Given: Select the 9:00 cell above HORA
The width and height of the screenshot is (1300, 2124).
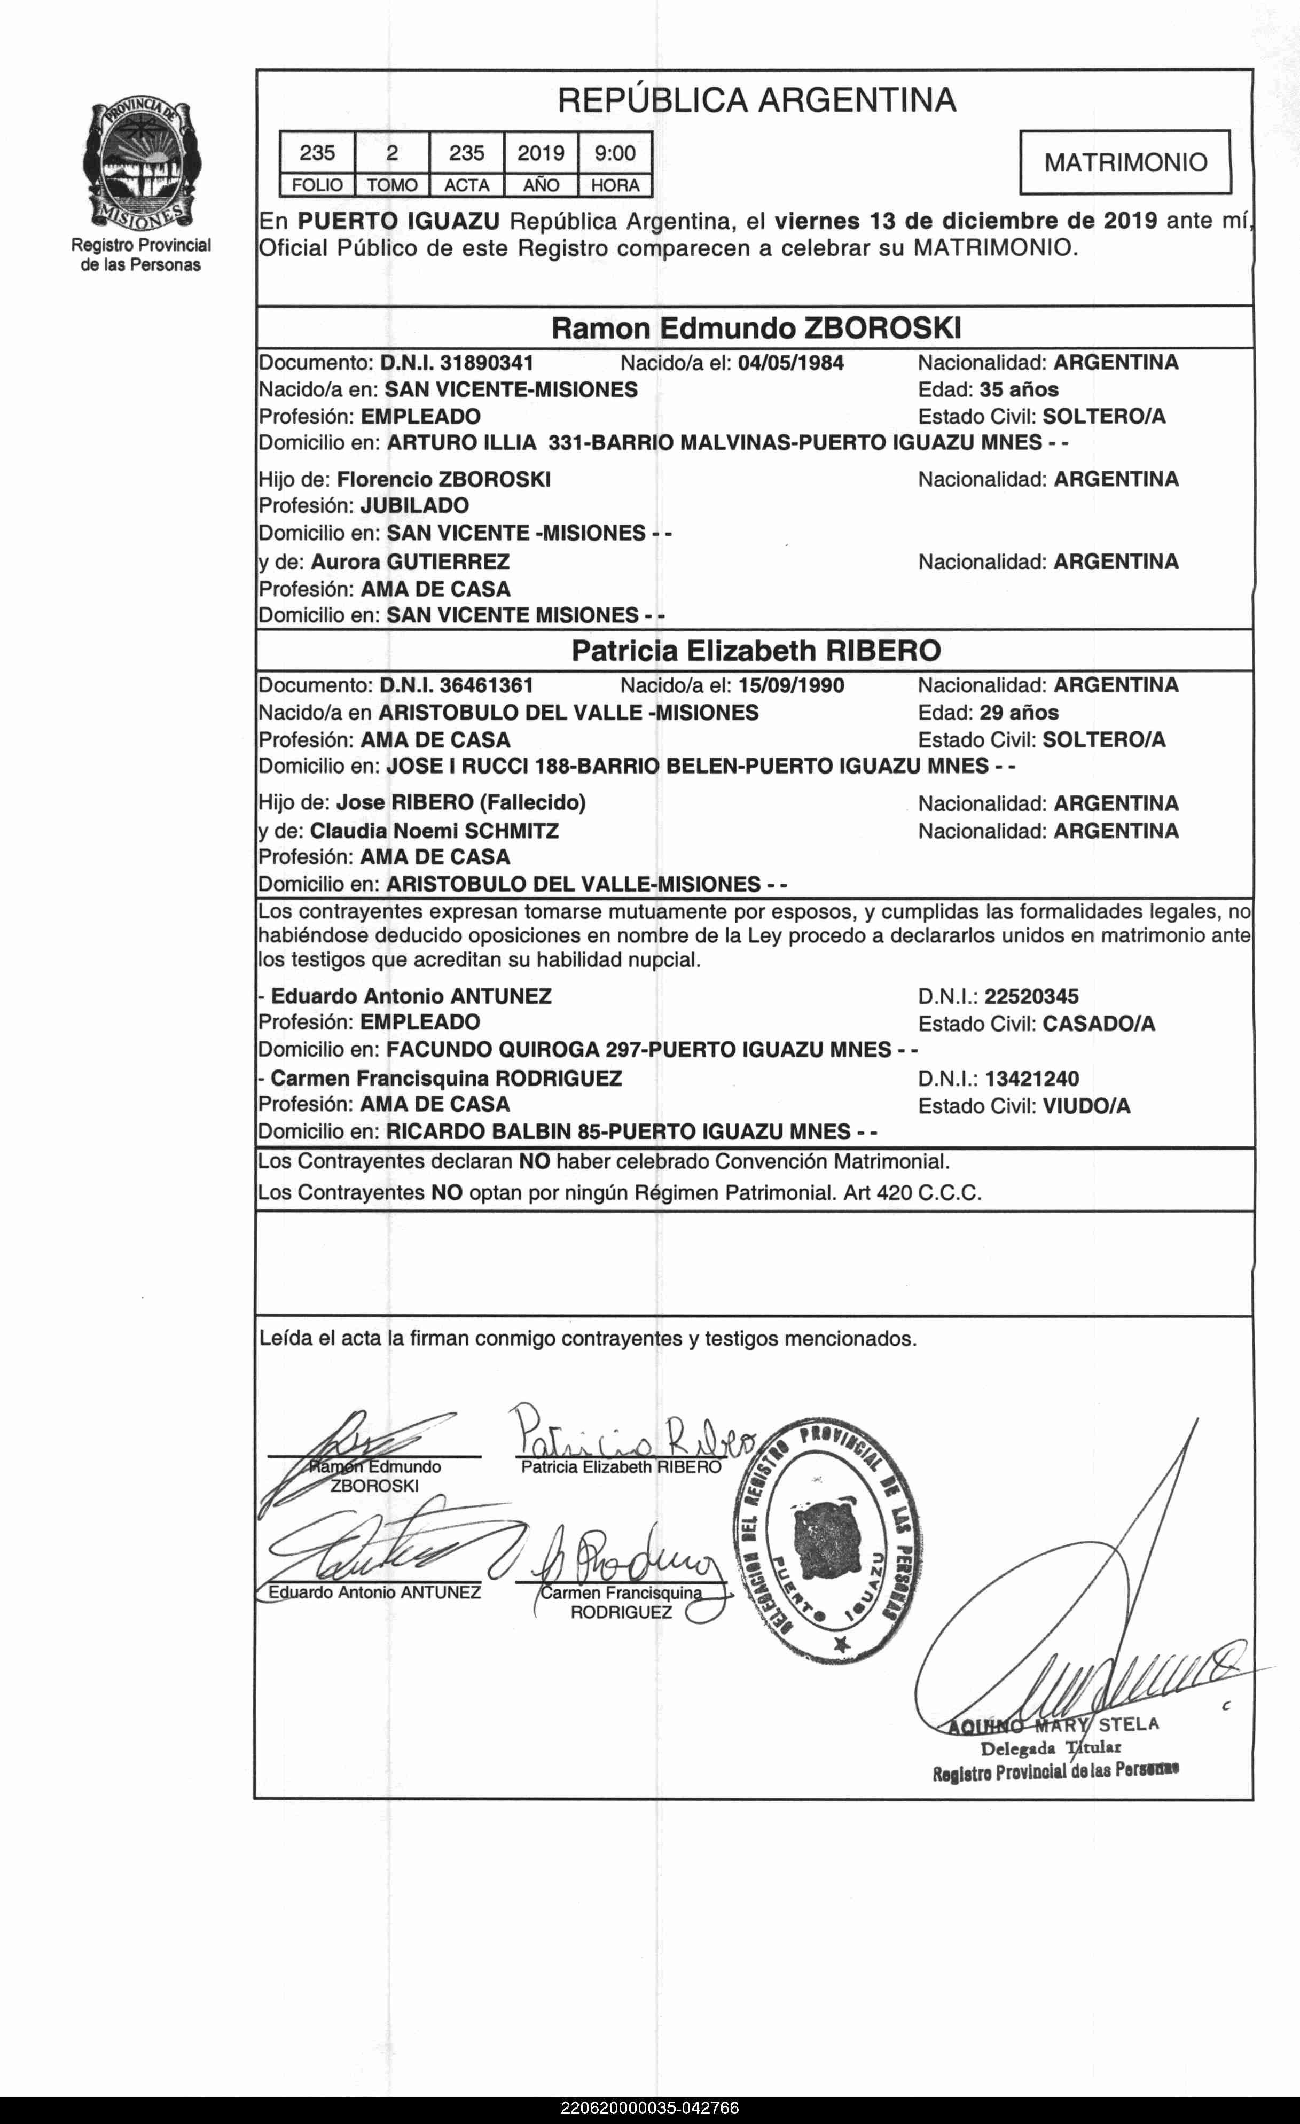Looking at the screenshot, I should [615, 153].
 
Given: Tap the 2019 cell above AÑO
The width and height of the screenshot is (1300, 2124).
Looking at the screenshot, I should [541, 153].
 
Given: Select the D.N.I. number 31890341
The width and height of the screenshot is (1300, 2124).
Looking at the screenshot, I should [486, 363].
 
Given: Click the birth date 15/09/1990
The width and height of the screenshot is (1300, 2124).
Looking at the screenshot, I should [790, 686].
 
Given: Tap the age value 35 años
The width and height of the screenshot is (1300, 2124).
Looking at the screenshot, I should [1019, 389].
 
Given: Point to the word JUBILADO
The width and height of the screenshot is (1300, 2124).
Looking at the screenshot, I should [414, 506].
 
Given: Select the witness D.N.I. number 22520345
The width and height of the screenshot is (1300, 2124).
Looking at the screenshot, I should [1031, 996].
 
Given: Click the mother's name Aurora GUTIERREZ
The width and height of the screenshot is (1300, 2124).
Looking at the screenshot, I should [410, 562].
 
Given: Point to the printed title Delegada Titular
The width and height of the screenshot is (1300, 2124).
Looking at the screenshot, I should [1050, 1749].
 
